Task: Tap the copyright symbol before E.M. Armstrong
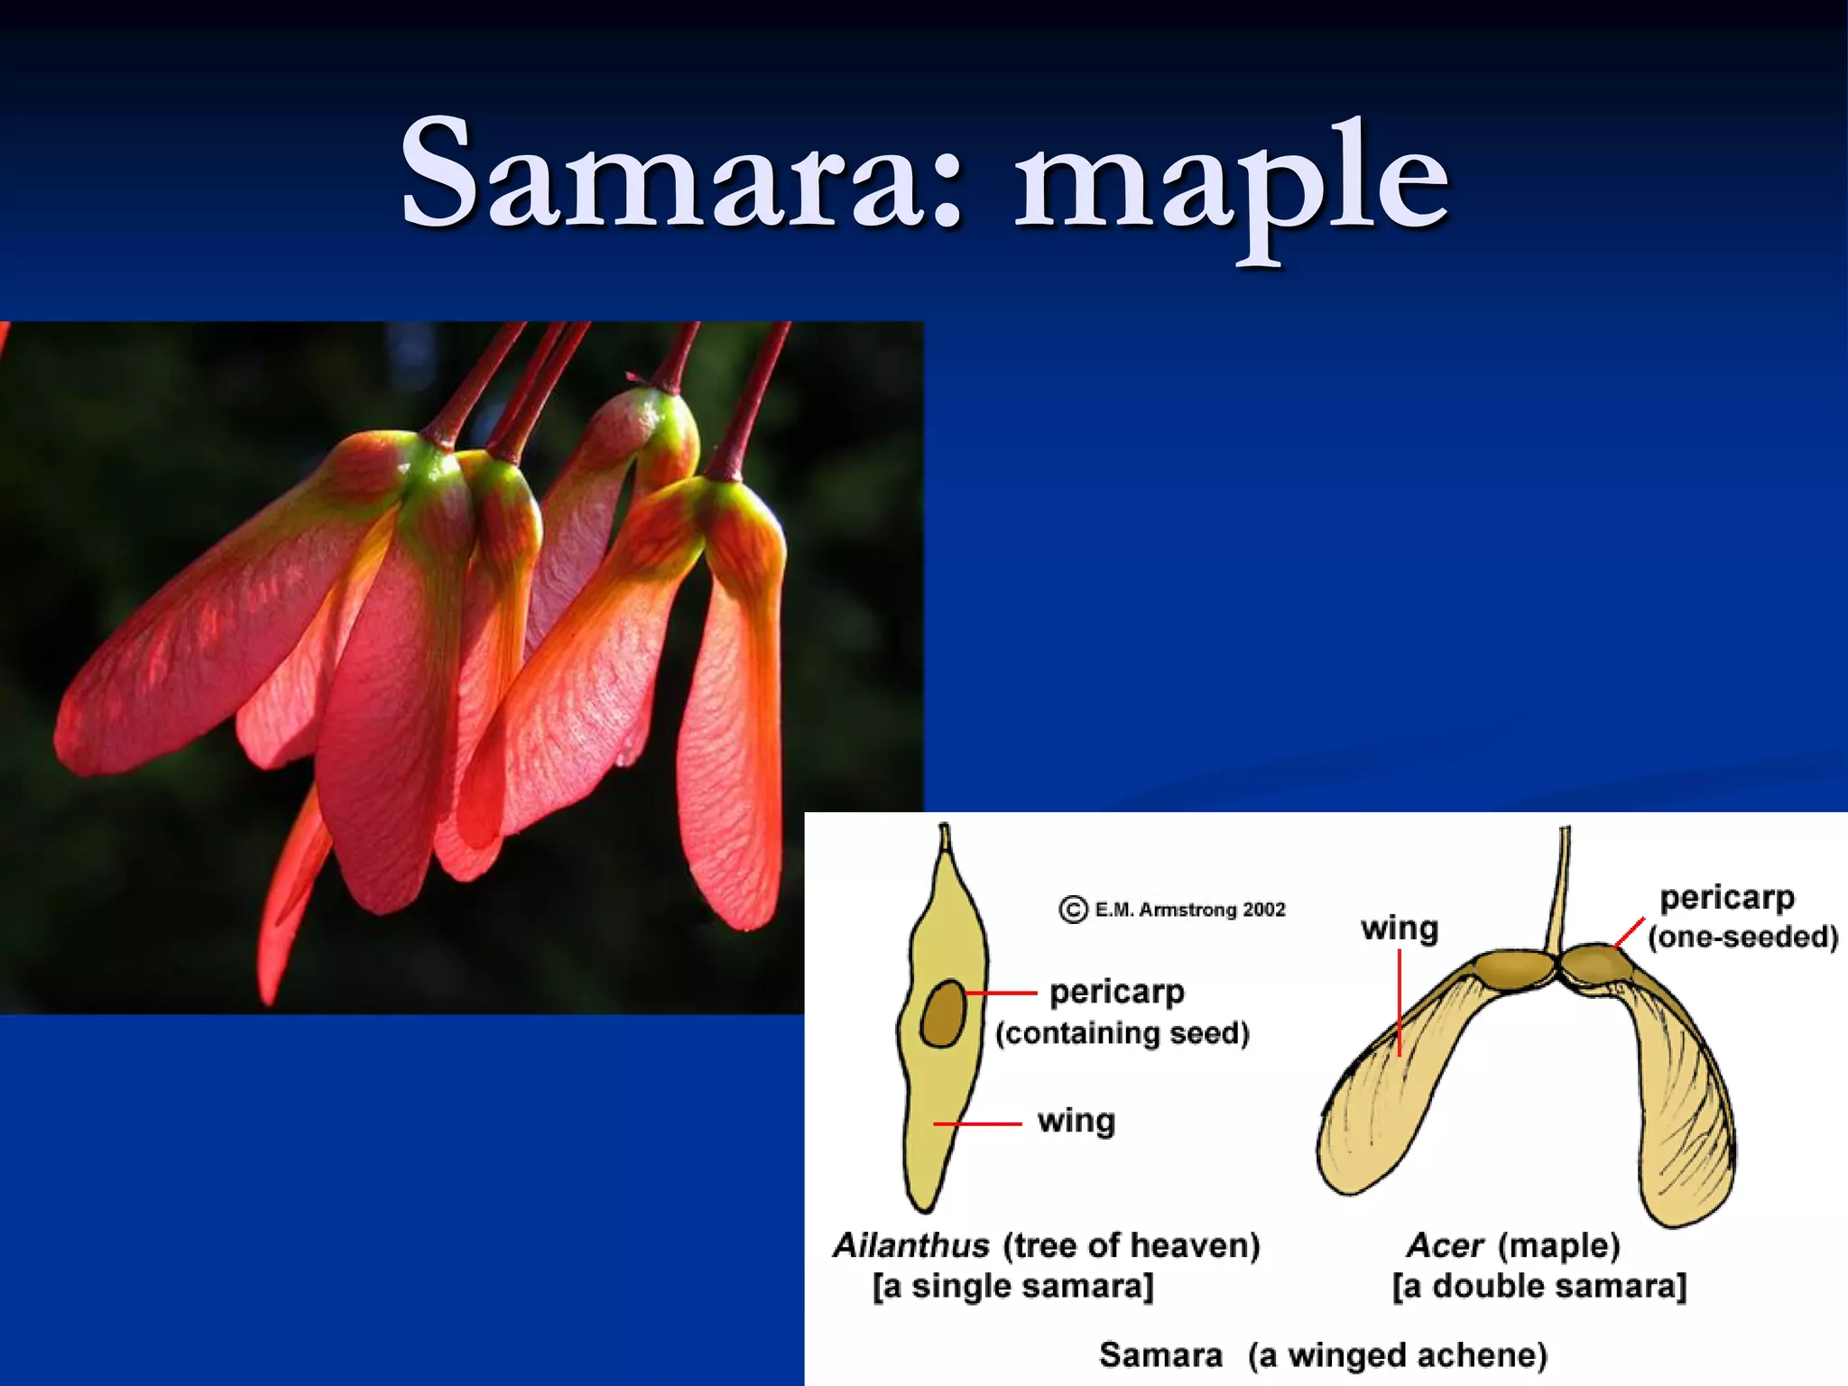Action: click(x=1072, y=909)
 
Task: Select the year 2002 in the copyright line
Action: click(x=1263, y=910)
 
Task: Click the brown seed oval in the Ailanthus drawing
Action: click(x=944, y=1012)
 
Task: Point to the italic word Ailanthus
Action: click(x=910, y=1246)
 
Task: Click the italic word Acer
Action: click(x=1445, y=1246)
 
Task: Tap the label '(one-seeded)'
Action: click(x=1742, y=938)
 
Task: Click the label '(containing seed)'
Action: click(x=1122, y=1032)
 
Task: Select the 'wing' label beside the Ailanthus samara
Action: click(x=1076, y=1121)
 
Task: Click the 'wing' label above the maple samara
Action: click(x=1400, y=928)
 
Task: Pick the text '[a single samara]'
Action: click(x=1012, y=1286)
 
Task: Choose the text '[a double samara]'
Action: click(x=1538, y=1286)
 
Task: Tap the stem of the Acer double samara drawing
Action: click(x=1560, y=893)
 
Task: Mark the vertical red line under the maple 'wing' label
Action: click(x=1400, y=1002)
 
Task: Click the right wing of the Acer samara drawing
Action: click(x=1683, y=1119)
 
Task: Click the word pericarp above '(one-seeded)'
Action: click(x=1727, y=898)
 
